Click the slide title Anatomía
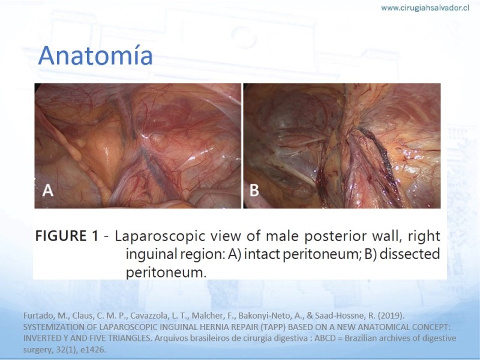pos(95,55)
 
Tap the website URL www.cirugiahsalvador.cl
pos(425,8)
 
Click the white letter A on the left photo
pos(48,190)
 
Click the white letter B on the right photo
pos(254,190)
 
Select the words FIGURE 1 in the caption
pos(67,236)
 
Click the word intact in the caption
pos(262,254)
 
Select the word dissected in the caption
pos(410,254)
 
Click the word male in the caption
pos(282,236)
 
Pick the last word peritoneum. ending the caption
pos(166,272)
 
